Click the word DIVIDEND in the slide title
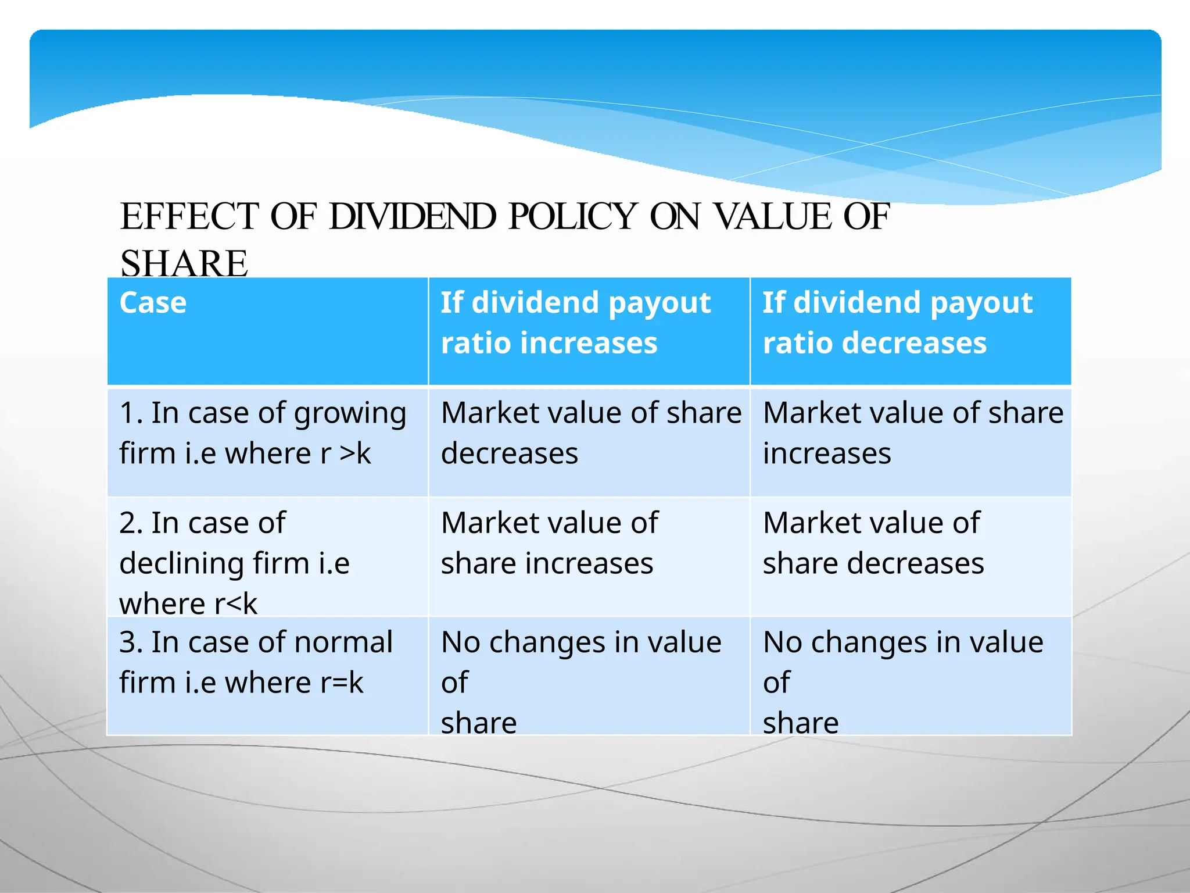click(x=412, y=217)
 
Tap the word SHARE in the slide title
click(x=184, y=263)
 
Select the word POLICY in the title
click(x=572, y=217)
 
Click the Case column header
click(x=153, y=303)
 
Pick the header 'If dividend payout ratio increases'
click(x=575, y=323)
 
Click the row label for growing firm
click(x=262, y=433)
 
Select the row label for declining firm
click(x=234, y=563)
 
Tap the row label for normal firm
click(x=256, y=662)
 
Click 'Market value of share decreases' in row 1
click(x=590, y=433)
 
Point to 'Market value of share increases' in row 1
click(x=912, y=433)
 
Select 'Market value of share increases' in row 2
click(x=549, y=542)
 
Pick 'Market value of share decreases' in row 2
click(x=873, y=542)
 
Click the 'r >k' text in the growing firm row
click(x=346, y=453)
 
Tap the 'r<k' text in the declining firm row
click(x=235, y=603)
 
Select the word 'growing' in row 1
click(x=350, y=414)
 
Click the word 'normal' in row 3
click(x=343, y=642)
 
